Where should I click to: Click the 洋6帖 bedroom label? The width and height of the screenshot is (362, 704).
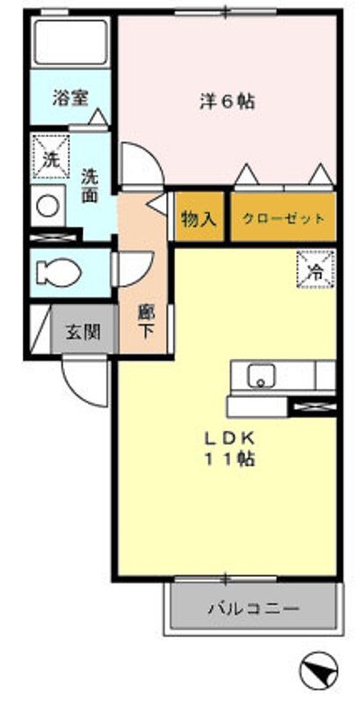(226, 102)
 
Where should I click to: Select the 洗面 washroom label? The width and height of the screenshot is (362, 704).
(90, 185)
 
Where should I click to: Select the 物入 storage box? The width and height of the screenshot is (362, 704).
(198, 219)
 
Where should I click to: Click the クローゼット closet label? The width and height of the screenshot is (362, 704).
(283, 219)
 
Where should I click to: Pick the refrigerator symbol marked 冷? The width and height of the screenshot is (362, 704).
(315, 268)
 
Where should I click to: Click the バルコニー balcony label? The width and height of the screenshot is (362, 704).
(254, 608)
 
